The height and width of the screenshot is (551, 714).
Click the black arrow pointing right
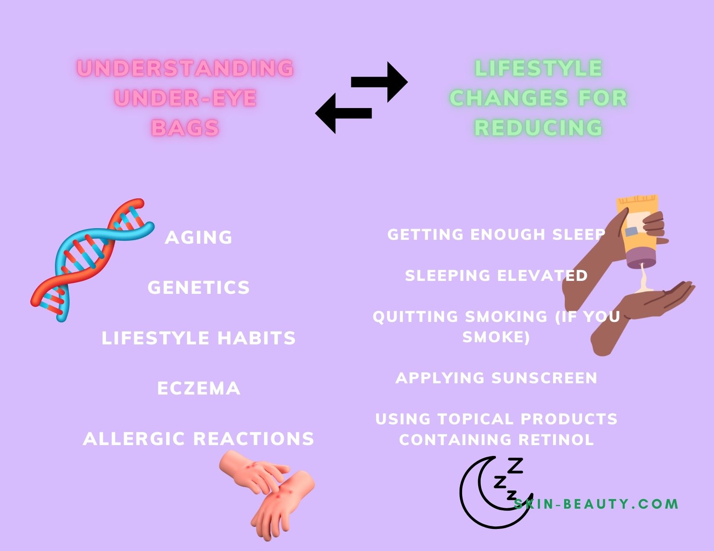pyautogui.click(x=380, y=82)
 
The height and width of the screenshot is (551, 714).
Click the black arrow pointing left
pyautogui.click(x=343, y=113)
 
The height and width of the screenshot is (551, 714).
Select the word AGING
pyautogui.click(x=199, y=237)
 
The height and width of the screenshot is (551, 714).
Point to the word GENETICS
pyautogui.click(x=199, y=287)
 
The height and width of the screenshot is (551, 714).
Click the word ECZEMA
pyautogui.click(x=199, y=388)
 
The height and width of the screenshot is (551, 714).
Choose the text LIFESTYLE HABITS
pyautogui.click(x=199, y=338)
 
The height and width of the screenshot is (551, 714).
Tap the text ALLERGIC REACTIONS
pyautogui.click(x=199, y=439)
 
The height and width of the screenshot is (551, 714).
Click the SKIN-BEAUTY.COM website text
pyautogui.click(x=596, y=504)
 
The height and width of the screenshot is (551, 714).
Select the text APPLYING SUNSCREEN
pyautogui.click(x=496, y=378)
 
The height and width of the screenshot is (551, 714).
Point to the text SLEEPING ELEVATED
pyautogui.click(x=496, y=275)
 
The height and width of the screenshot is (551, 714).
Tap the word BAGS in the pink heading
pyautogui.click(x=185, y=127)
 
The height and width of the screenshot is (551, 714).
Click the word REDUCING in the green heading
pyautogui.click(x=538, y=127)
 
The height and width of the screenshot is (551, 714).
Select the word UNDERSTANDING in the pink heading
pyautogui.click(x=185, y=68)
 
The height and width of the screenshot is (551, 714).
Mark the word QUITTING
pyautogui.click(x=415, y=317)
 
